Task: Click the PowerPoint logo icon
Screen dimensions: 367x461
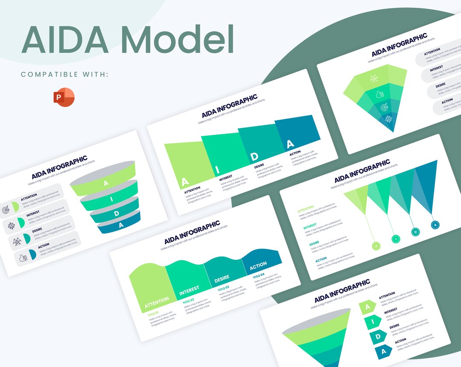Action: tap(64, 97)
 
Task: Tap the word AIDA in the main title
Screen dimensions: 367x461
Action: tap(65, 39)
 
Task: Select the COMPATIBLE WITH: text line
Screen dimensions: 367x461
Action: tap(64, 74)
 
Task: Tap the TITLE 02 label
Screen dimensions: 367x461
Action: tap(189, 301)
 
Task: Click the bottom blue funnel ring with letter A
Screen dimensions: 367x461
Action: tap(120, 224)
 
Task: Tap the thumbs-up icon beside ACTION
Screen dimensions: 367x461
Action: tap(22, 258)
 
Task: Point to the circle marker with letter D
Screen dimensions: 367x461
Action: tap(415, 232)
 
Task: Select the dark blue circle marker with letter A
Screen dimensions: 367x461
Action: tap(435, 225)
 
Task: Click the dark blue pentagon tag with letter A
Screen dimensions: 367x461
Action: tap(383, 352)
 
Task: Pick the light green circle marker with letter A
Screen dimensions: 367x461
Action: tap(376, 246)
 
